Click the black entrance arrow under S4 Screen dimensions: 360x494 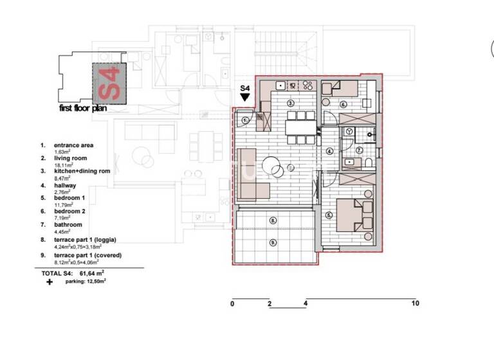point(244,97)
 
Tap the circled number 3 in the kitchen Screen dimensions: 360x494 point(290,103)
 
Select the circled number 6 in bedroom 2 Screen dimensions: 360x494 point(343,104)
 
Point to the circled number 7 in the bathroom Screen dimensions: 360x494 point(360,150)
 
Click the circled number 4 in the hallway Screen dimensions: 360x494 point(329,152)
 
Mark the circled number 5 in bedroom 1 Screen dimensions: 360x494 point(329,215)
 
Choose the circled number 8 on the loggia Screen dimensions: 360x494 point(274,221)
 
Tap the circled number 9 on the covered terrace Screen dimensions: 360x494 point(274,242)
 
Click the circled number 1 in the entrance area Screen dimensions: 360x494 point(245,120)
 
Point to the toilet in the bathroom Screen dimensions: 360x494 point(369,163)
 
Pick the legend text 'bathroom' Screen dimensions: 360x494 point(68,225)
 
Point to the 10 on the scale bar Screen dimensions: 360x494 point(415,303)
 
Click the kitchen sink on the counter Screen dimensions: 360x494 point(280,85)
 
